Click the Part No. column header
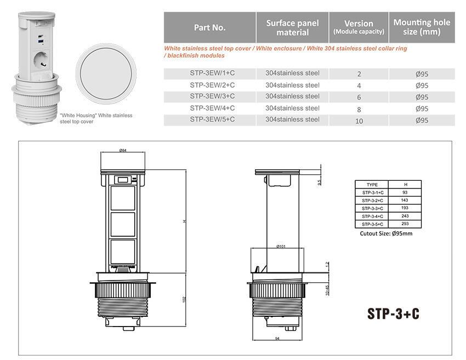click(x=209, y=27)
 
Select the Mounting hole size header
click(x=422, y=27)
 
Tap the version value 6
click(x=359, y=97)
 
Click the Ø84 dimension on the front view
click(x=123, y=150)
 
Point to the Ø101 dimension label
click(x=281, y=246)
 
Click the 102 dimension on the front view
click(x=185, y=300)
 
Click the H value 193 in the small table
click(x=405, y=208)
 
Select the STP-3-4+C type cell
click(x=373, y=216)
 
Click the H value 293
click(x=405, y=224)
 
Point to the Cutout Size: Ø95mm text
click(x=386, y=233)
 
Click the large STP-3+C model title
click(x=393, y=313)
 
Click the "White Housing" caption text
click(x=96, y=118)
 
